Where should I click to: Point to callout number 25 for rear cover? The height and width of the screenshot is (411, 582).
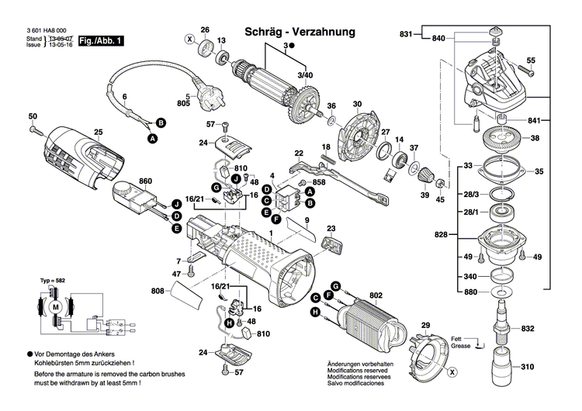98,131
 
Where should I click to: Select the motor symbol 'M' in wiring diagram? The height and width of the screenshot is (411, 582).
54,308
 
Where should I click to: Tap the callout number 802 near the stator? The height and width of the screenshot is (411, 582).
376,295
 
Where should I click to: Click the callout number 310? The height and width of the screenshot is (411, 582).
528,367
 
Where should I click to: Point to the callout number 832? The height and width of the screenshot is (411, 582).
528,329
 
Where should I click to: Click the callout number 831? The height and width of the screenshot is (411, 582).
407,34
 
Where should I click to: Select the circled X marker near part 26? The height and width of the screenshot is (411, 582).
189,39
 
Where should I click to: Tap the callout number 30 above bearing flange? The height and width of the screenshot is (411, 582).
357,105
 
